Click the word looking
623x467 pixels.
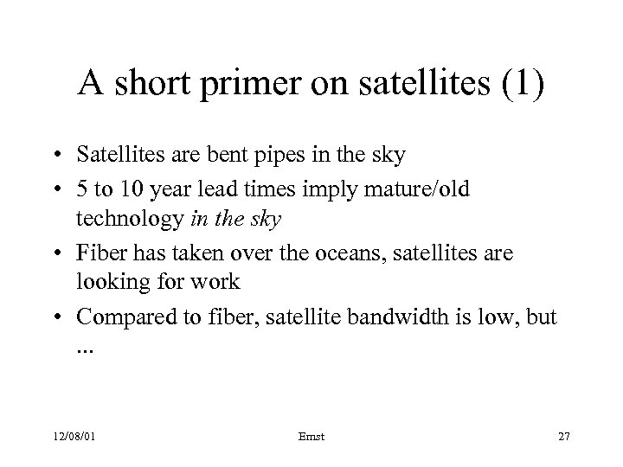pyautogui.click(x=108, y=282)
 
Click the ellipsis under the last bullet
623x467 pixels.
pyautogui.click(x=87, y=348)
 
